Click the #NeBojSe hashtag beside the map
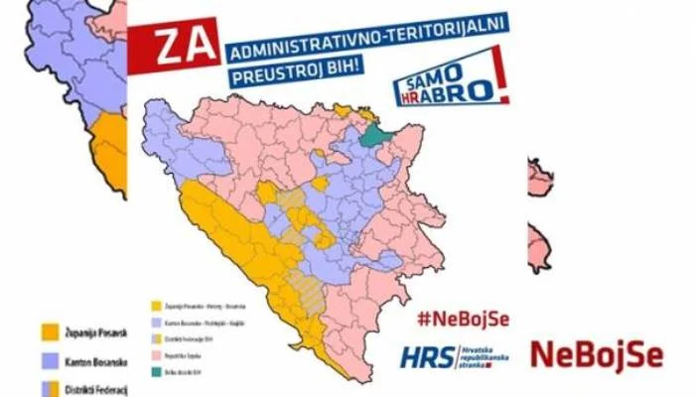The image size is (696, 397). (x=463, y=319)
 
